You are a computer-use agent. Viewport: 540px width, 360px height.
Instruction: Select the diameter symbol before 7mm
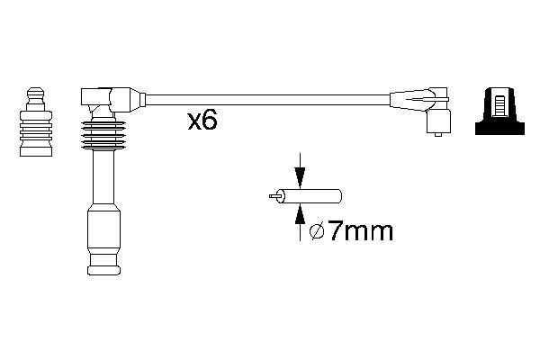coord(317,233)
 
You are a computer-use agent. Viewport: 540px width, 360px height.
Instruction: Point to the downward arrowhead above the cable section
coord(300,179)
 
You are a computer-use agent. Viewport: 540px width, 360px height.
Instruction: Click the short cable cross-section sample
coord(311,194)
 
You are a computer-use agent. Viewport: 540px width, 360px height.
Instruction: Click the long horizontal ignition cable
coord(261,97)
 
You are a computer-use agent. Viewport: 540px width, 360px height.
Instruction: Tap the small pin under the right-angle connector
coord(436,134)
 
